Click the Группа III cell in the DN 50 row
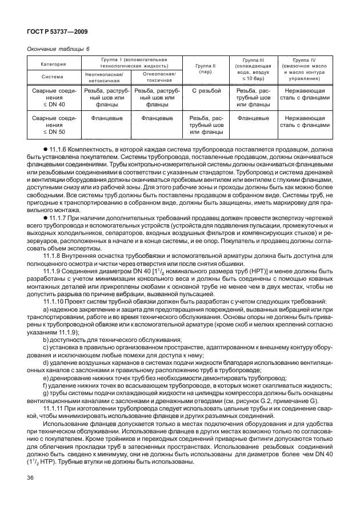tap(253, 118)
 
